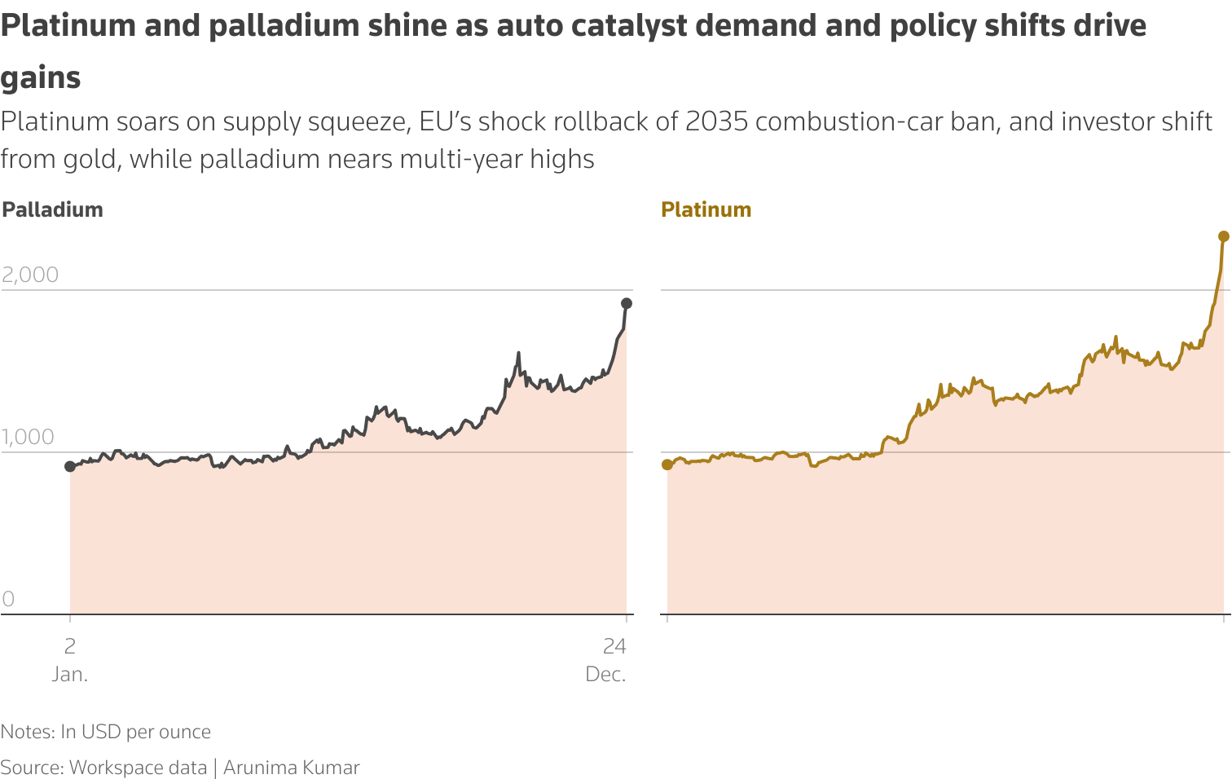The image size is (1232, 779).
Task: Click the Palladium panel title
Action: point(52,209)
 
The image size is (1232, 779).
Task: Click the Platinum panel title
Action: point(706,209)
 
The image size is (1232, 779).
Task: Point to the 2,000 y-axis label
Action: point(30,275)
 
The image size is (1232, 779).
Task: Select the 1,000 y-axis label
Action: point(28,437)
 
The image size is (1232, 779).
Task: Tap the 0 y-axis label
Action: point(8,599)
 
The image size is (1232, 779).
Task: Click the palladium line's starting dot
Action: point(70,466)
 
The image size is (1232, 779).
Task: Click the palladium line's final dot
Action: point(627,303)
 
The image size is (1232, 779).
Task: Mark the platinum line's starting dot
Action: point(667,464)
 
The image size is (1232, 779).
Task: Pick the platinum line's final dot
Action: point(1223,236)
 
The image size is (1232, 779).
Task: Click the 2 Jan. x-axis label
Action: point(70,659)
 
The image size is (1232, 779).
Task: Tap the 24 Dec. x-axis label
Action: point(607,659)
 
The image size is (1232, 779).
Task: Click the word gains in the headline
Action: point(41,78)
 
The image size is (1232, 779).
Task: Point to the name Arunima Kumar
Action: point(291,768)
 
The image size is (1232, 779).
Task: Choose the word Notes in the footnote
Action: point(26,732)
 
